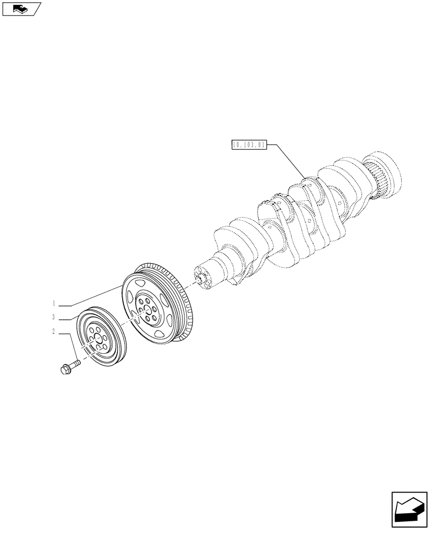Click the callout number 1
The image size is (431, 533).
coord(54,303)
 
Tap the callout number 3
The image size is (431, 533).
coord(54,318)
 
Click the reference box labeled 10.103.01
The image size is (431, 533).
coord(249,144)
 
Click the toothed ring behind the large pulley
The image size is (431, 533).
coord(185,320)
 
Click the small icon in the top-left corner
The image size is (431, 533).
coord(21,8)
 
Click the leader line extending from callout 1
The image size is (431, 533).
coord(91,296)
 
